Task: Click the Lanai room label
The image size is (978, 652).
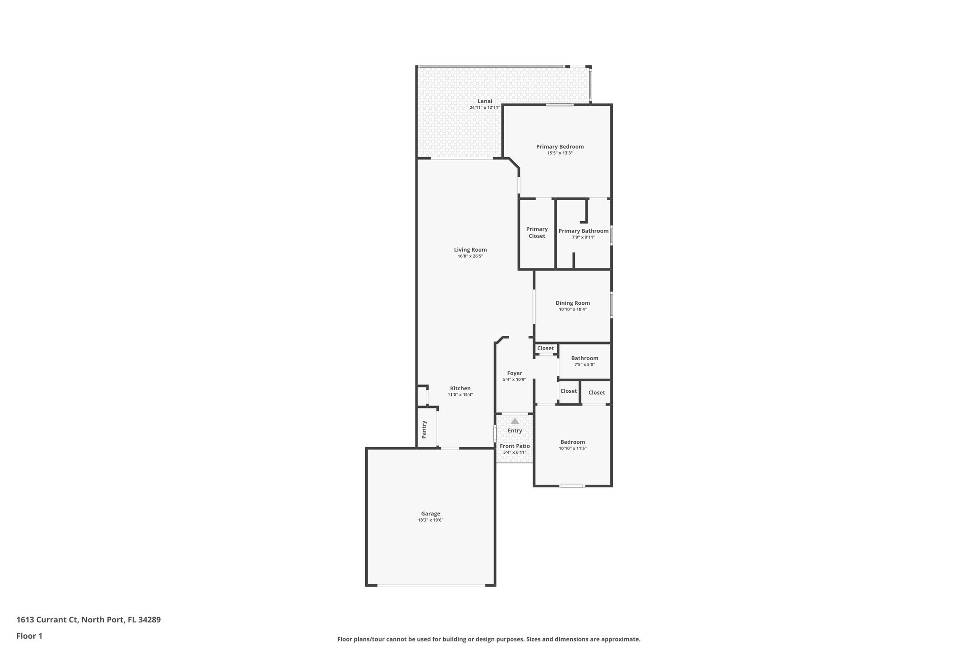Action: point(485,101)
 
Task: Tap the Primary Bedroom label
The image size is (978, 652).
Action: point(560,147)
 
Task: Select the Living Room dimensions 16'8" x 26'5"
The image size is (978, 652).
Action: point(470,257)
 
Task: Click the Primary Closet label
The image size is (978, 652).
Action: point(537,233)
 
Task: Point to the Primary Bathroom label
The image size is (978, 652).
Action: point(584,231)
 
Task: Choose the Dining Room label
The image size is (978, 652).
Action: point(573,303)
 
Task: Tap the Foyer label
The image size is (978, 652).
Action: point(514,373)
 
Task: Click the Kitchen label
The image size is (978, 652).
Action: point(460,388)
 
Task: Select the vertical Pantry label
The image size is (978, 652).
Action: point(424,429)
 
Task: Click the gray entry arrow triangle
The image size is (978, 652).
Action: point(515,421)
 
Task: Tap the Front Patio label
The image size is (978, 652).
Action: point(515,446)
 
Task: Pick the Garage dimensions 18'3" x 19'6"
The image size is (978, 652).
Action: point(431,520)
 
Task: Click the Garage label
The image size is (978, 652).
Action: point(431,514)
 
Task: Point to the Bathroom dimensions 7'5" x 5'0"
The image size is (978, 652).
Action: point(585,365)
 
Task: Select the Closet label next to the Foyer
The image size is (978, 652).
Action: point(545,348)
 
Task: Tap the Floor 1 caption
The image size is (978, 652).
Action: point(30,636)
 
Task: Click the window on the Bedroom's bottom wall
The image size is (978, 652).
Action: point(572,486)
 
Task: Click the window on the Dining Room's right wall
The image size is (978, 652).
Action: point(611,305)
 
